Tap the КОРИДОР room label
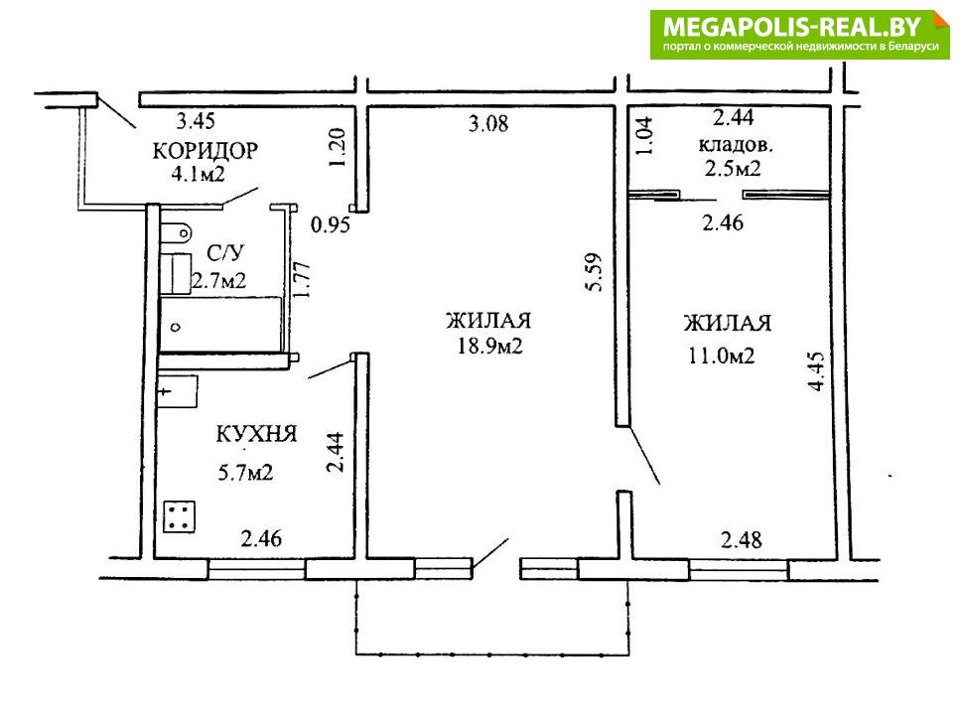click(206, 151)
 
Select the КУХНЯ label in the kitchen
click(256, 434)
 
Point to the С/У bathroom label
click(225, 253)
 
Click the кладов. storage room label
click(736, 145)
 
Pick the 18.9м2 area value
click(489, 347)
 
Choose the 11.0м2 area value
click(721, 356)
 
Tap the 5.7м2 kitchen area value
click(245, 473)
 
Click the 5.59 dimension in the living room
click(594, 272)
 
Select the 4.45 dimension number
click(817, 371)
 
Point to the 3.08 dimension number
click(488, 124)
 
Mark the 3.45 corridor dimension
click(196, 120)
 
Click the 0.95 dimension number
click(331, 225)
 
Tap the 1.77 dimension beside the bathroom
click(303, 280)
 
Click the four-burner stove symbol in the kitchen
click(180, 517)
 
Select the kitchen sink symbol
click(178, 392)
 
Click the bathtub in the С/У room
click(220, 325)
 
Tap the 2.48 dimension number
click(742, 540)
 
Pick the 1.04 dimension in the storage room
click(644, 136)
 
